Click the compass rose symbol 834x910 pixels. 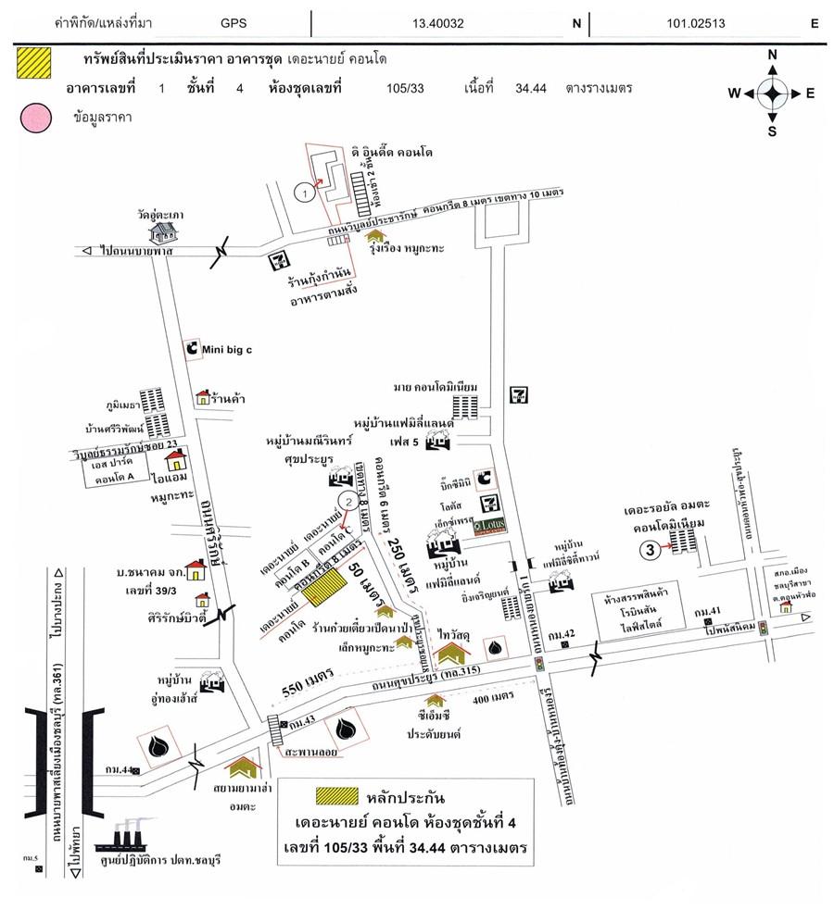point(773,93)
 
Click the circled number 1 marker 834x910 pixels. point(302,192)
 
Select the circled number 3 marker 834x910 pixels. point(651,549)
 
